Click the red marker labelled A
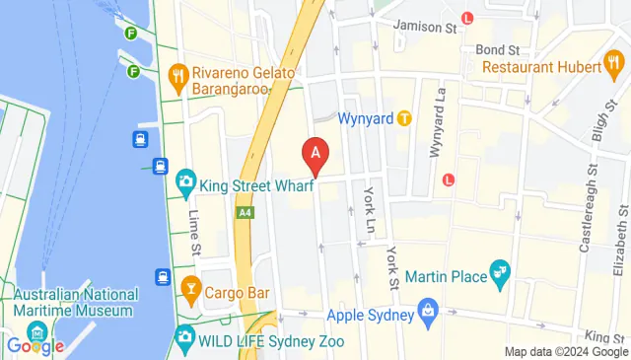click(x=315, y=154)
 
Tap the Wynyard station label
click(x=366, y=118)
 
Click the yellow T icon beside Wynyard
click(x=404, y=118)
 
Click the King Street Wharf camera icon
click(x=185, y=182)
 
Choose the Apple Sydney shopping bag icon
click(x=428, y=318)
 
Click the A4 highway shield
click(x=245, y=212)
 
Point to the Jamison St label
click(x=425, y=27)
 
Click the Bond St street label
click(x=496, y=49)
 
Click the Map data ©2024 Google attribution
click(x=565, y=352)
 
